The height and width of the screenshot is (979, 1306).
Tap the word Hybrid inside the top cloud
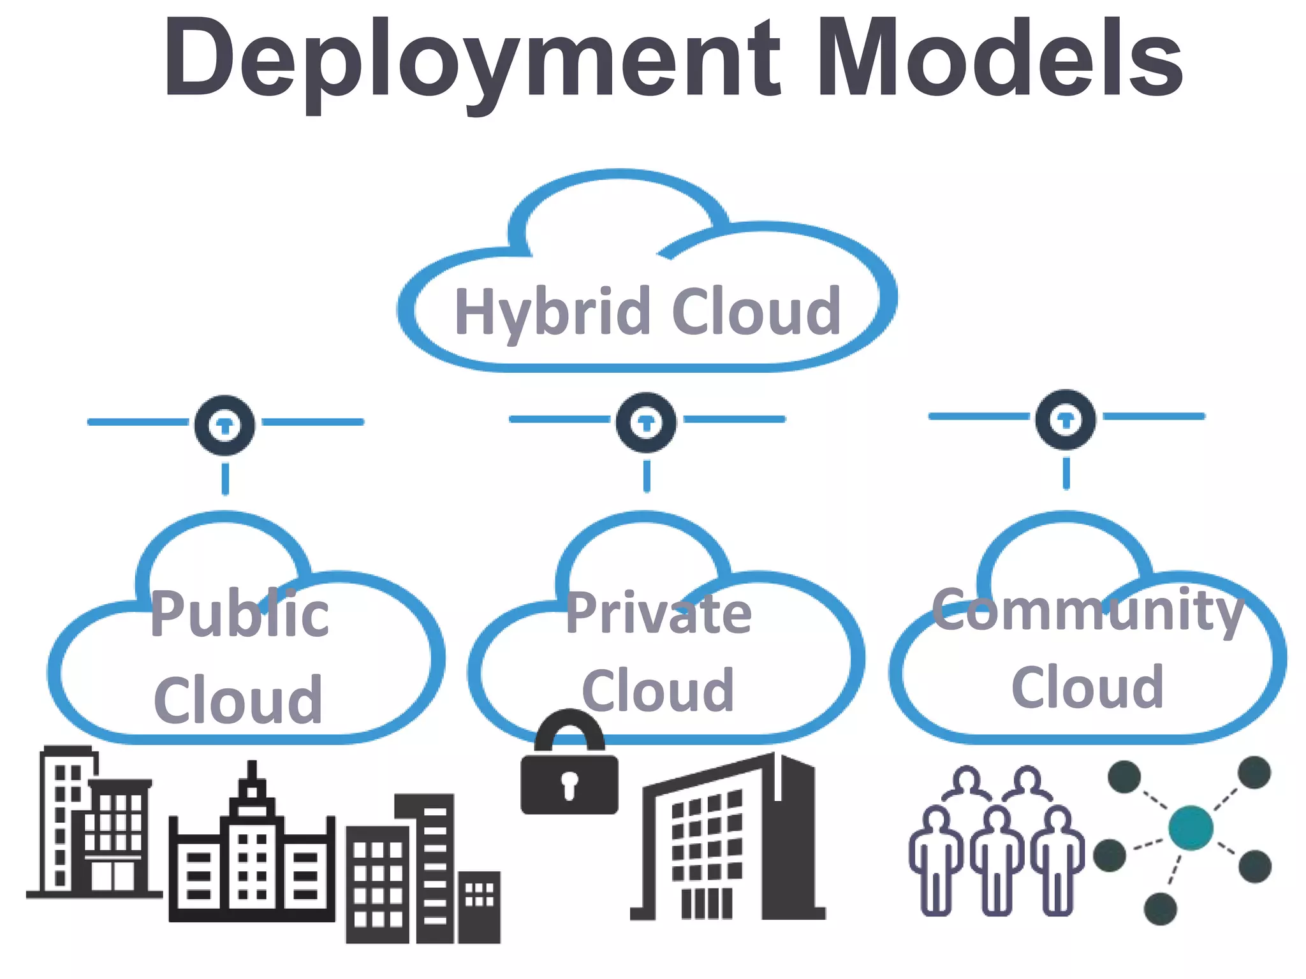552,312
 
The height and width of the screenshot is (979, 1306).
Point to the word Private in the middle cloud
659,613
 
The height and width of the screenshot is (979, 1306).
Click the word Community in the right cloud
1087,611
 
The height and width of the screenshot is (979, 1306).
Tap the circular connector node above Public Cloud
224,425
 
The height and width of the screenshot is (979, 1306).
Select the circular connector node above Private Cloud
646,423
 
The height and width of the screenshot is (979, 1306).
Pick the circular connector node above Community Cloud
1066,419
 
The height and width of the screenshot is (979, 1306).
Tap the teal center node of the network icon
1191,828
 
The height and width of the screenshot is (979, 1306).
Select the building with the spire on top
252,848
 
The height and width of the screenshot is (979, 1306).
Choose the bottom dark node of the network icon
1160,908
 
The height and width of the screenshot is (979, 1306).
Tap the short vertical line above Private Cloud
647,476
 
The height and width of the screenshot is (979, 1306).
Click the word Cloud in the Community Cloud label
1087,687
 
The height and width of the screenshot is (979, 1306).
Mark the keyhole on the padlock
569,783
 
